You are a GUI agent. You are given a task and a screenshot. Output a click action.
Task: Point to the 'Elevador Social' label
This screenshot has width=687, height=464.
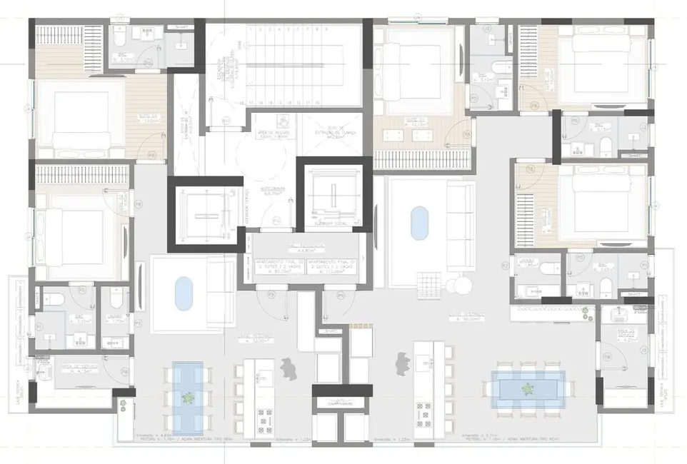click(333, 223)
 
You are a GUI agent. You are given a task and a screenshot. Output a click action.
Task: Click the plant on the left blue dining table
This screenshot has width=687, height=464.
click(189, 397)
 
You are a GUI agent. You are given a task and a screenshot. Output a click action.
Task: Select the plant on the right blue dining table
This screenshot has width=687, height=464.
click(528, 390)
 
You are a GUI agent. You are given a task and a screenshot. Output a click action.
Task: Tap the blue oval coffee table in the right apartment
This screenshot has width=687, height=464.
click(418, 225)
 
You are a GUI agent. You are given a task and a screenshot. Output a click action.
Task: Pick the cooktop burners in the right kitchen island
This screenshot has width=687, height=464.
click(423, 411)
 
